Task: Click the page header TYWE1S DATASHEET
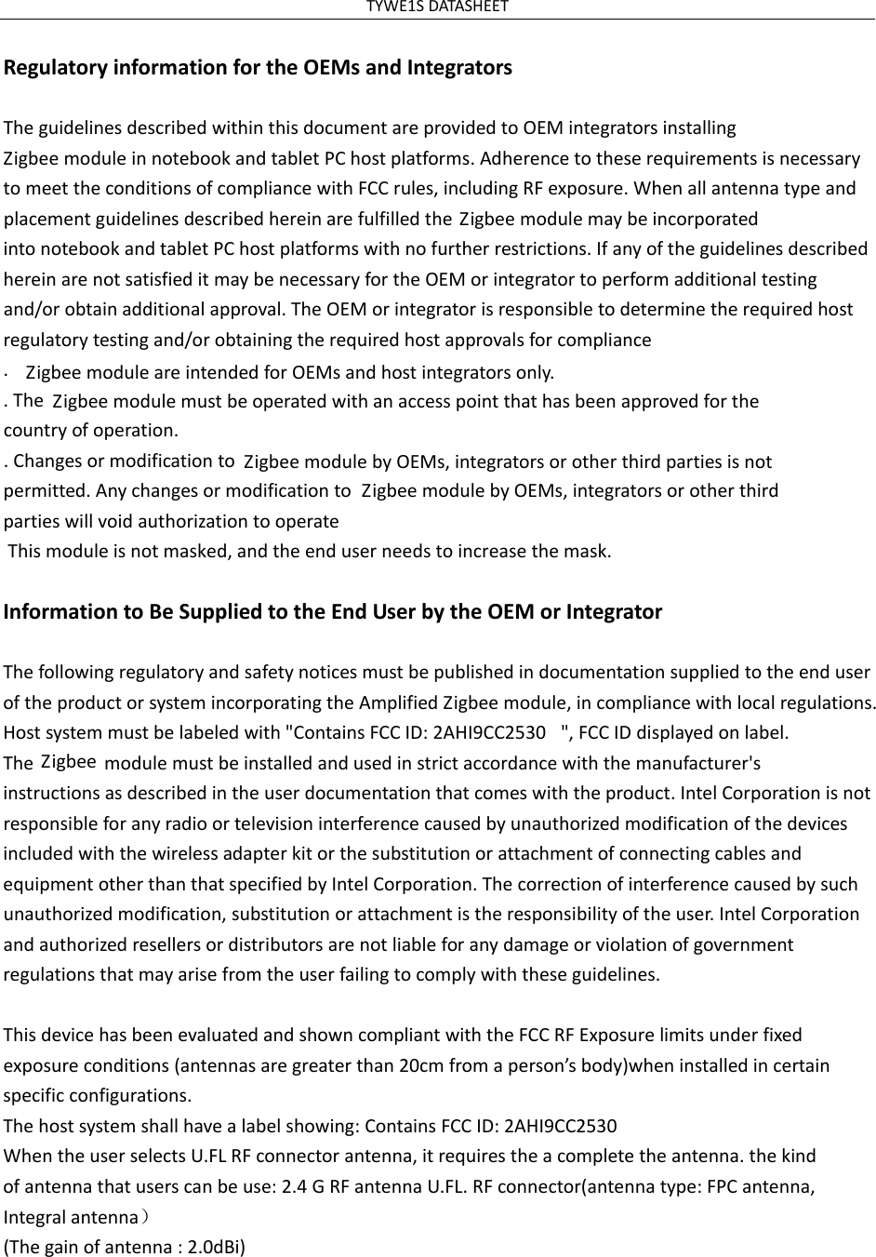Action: point(437,7)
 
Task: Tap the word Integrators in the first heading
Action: point(463,68)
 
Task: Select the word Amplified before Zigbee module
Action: point(403,702)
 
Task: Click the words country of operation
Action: point(90,431)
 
